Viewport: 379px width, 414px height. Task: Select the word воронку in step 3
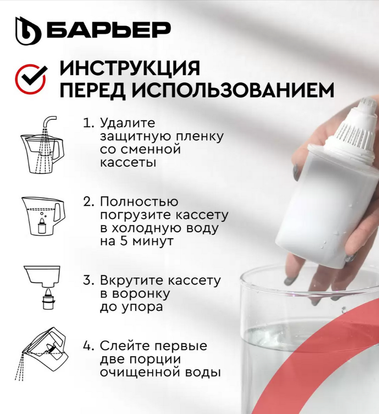(135, 294)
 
